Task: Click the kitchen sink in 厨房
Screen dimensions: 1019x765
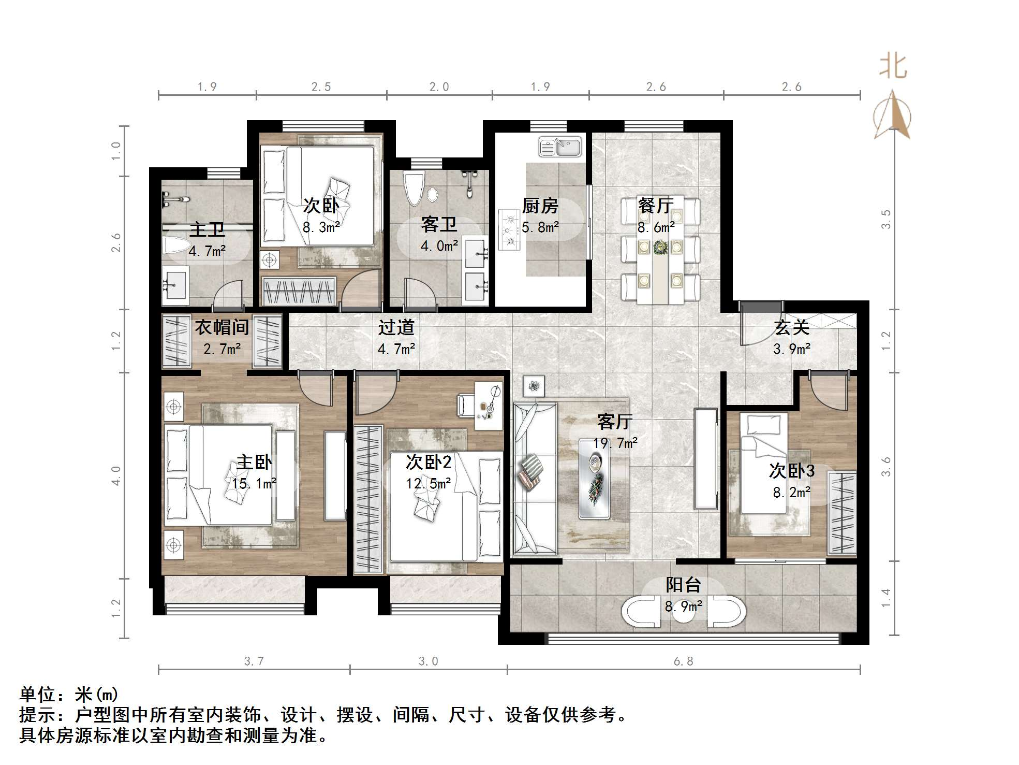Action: click(560, 147)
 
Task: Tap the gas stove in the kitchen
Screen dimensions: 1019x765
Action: click(509, 229)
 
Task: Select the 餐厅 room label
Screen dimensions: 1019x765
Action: click(656, 206)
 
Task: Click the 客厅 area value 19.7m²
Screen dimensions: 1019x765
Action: click(615, 443)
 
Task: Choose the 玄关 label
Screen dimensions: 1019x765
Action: click(791, 327)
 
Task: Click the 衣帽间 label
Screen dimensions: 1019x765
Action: click(221, 327)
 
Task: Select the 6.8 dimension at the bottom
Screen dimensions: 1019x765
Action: click(683, 661)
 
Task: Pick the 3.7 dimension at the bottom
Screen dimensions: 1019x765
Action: click(254, 661)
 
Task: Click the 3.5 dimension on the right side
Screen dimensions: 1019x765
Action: click(886, 220)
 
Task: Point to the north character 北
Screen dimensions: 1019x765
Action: click(893, 67)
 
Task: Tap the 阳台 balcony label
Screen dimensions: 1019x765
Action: click(683, 585)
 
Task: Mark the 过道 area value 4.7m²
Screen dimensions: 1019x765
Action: click(396, 349)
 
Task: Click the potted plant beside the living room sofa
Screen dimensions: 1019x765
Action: click(534, 386)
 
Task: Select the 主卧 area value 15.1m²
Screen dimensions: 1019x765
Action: click(254, 483)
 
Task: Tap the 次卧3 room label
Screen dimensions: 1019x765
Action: click(791, 470)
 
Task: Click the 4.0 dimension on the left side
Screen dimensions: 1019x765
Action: click(116, 475)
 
